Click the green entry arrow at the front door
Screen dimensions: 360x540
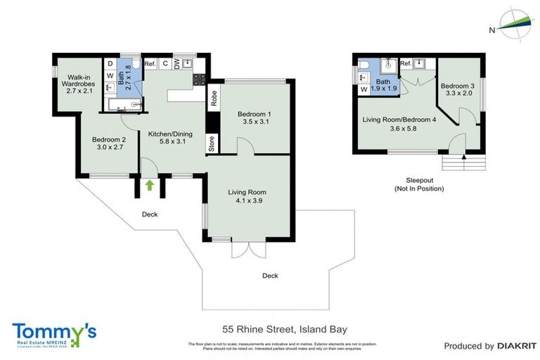150,185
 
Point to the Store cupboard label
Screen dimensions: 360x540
212,143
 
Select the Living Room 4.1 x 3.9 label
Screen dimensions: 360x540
247,196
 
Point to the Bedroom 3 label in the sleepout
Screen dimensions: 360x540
458,89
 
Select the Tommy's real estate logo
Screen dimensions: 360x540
54,334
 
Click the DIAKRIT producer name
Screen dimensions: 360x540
517,346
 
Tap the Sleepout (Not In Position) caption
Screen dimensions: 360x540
419,184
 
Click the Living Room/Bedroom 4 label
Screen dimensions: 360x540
399,124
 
